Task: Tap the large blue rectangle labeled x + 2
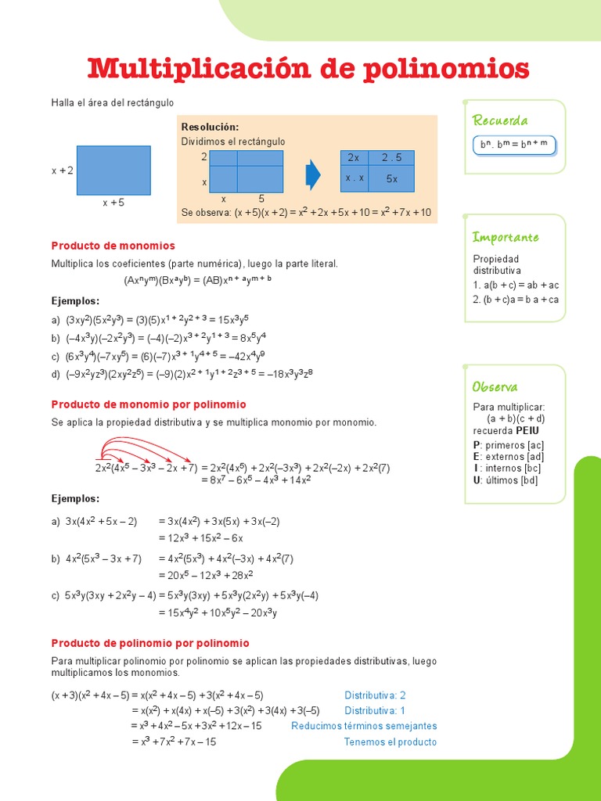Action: [113, 170]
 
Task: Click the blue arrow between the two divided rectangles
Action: [313, 174]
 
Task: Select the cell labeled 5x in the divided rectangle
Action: [392, 179]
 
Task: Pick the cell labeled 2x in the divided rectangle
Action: [354, 157]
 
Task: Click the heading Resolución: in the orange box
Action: [210, 127]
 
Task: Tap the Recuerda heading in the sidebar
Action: [500, 120]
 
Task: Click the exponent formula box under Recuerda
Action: [514, 145]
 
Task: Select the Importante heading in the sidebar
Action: [506, 237]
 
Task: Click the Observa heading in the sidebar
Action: [495, 387]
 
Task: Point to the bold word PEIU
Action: [527, 430]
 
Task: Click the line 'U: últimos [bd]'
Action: [506, 480]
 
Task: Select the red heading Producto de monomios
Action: [113, 246]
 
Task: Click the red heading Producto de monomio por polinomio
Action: [149, 404]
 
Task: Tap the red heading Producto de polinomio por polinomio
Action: [150, 643]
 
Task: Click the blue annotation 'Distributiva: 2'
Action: [375, 695]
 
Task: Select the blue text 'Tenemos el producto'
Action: [390, 742]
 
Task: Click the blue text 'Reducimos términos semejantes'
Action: [364, 726]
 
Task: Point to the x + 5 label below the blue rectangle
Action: [113, 203]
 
